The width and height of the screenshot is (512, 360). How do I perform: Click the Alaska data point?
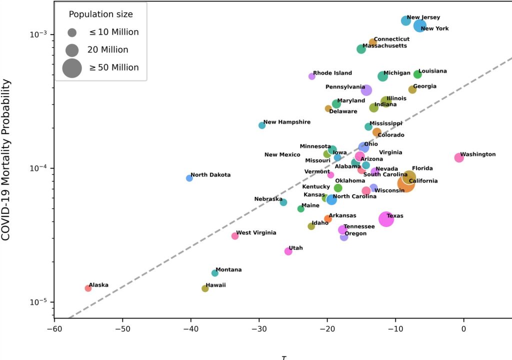click(88, 288)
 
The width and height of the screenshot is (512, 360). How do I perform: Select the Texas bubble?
click(386, 218)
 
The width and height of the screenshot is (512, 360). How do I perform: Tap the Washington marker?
click(459, 157)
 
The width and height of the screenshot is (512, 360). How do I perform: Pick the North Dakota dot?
click(189, 178)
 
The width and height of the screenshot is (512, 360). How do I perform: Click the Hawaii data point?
click(205, 288)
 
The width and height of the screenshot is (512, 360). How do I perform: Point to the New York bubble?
click(420, 25)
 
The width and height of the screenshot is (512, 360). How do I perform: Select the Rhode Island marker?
click(312, 76)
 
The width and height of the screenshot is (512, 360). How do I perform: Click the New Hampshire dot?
click(262, 125)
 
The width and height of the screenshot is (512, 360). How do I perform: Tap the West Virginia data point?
click(235, 236)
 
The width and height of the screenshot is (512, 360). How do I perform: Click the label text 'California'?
click(423, 181)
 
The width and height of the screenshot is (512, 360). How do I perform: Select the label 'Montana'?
click(228, 269)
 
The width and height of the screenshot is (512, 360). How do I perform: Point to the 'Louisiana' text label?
click(432, 71)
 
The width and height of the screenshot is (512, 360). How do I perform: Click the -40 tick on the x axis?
click(190, 329)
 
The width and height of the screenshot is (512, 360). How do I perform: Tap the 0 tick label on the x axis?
click(463, 329)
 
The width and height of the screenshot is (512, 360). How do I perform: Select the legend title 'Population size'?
click(100, 14)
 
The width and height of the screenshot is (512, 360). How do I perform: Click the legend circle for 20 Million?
click(72, 50)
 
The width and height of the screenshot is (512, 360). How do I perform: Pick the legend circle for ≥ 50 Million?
click(72, 67)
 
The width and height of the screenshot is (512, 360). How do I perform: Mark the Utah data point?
click(288, 251)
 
